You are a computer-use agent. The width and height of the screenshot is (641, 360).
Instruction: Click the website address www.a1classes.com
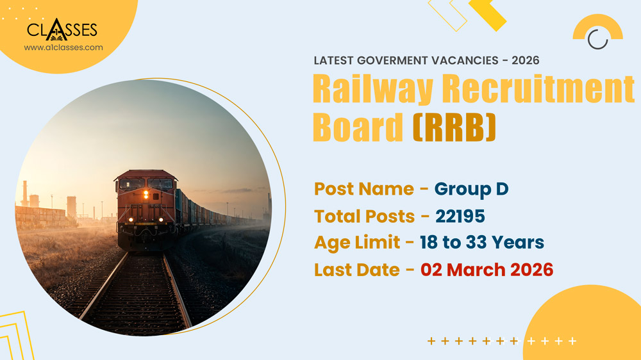tap(63, 47)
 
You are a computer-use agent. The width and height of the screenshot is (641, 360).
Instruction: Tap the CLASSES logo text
tap(62, 30)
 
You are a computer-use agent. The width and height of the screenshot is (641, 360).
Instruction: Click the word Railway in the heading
tap(372, 89)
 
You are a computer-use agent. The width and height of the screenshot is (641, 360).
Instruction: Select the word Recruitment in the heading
tap(538, 89)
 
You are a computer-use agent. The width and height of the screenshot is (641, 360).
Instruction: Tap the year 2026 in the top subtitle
tap(524, 60)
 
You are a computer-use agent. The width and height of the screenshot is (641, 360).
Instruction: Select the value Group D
tap(471, 189)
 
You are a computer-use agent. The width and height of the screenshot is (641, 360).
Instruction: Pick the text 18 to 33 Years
tap(481, 243)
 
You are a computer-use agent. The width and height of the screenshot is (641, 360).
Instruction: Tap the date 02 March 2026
tap(487, 270)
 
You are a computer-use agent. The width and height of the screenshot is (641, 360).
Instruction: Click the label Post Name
tap(363, 189)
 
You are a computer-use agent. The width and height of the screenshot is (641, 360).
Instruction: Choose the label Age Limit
tap(356, 243)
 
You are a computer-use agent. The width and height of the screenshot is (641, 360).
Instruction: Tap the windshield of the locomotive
tap(146, 183)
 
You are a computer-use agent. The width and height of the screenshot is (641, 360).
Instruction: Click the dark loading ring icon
tap(597, 39)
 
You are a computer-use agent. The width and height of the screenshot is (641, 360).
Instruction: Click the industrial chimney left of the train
tap(24, 193)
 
